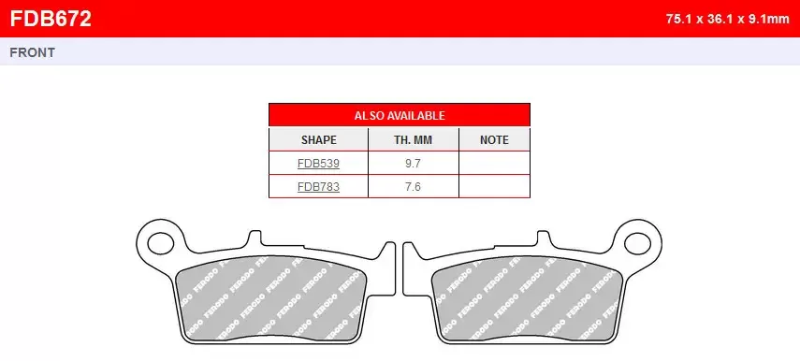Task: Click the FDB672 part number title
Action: (50, 18)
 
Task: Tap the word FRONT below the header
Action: (32, 52)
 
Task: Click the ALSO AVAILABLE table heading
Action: (399, 115)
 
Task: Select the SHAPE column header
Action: (318, 139)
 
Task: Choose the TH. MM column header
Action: (413, 139)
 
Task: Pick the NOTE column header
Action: (494, 139)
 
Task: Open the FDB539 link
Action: (318, 163)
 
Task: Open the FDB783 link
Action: (318, 186)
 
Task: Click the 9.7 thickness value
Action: (413, 163)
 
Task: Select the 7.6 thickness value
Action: (413, 186)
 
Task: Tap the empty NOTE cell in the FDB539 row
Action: (494, 163)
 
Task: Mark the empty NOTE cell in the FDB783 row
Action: (494, 186)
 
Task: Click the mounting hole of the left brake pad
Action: (159, 240)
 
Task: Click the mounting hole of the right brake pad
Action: (640, 240)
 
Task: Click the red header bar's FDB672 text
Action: (50, 18)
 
